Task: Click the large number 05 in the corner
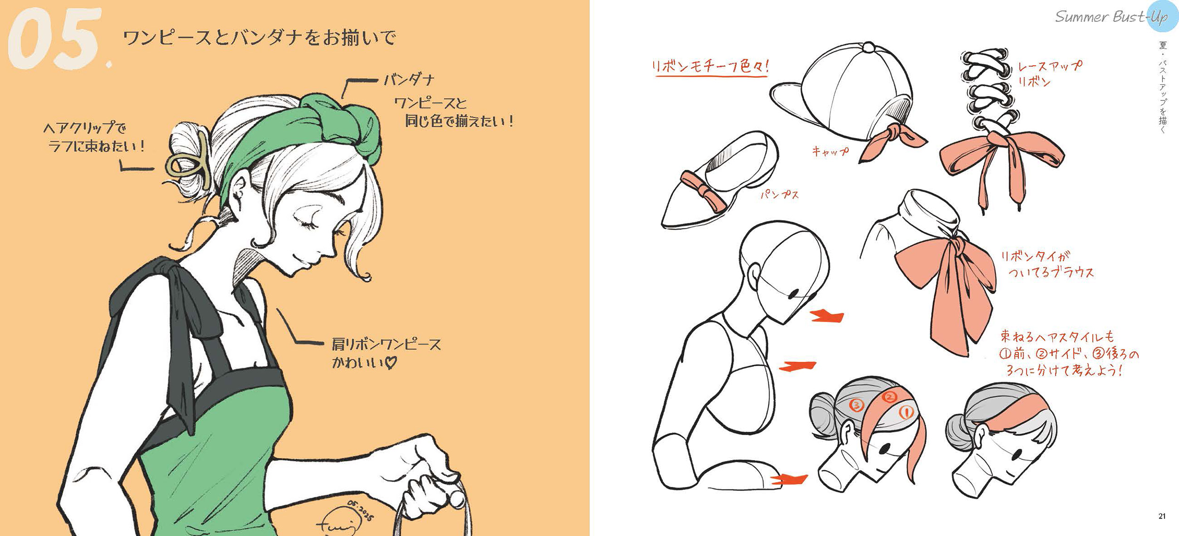(54, 39)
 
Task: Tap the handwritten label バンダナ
(408, 79)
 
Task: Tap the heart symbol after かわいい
(391, 363)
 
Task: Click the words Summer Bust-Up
(1111, 16)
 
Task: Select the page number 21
(1162, 516)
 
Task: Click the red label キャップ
(830, 151)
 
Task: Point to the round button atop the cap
(868, 48)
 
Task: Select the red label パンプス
(779, 194)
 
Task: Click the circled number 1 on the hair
(905, 413)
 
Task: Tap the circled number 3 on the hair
(856, 404)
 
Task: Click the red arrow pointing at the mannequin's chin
(827, 315)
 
